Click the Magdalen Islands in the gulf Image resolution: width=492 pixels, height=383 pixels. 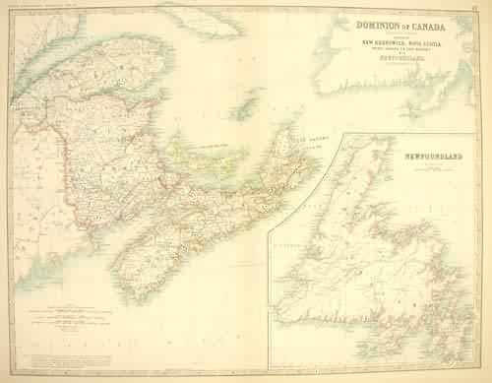coord(248,103)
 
